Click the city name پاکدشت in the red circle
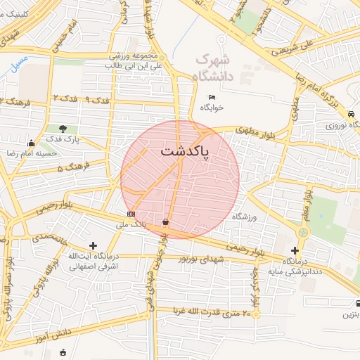184,152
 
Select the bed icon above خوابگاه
212,97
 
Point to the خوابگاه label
211,108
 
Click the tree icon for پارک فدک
64,129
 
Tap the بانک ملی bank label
131,225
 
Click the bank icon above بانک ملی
131,214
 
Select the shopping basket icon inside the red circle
165,222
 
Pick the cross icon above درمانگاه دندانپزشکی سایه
295,250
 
